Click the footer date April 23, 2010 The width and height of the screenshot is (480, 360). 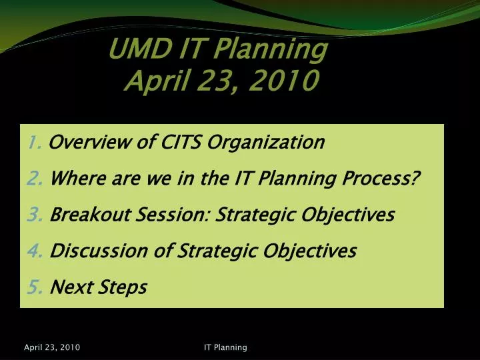52,347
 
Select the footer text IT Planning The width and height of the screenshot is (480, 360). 225,347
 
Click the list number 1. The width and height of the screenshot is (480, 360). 35,142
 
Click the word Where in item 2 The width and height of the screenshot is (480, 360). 73,179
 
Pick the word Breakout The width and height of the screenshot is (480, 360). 83,215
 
